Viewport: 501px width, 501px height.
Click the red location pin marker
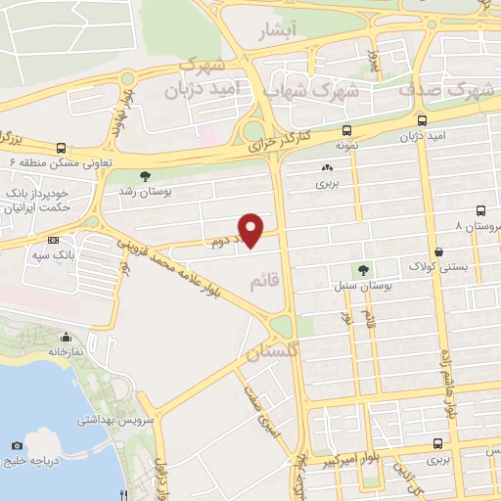click(x=251, y=230)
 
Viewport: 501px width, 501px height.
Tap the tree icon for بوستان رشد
click(x=146, y=176)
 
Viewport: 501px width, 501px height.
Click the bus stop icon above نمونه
click(x=346, y=129)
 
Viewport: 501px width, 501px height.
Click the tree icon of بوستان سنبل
click(x=363, y=270)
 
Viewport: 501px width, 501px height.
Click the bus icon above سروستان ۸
click(x=480, y=210)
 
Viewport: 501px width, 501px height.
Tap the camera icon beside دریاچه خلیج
click(x=17, y=446)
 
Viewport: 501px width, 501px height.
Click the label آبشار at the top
click(x=302, y=32)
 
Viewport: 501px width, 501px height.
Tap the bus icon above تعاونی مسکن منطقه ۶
click(x=62, y=149)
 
